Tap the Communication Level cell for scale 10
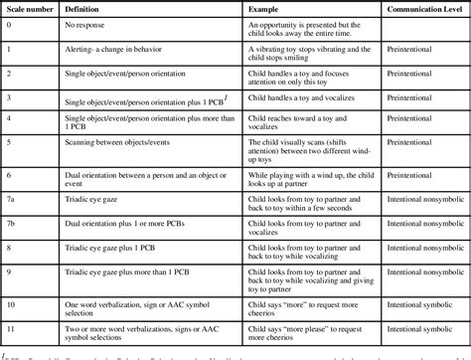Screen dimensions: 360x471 tap(404, 302)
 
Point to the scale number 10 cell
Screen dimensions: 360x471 tap(11, 302)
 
